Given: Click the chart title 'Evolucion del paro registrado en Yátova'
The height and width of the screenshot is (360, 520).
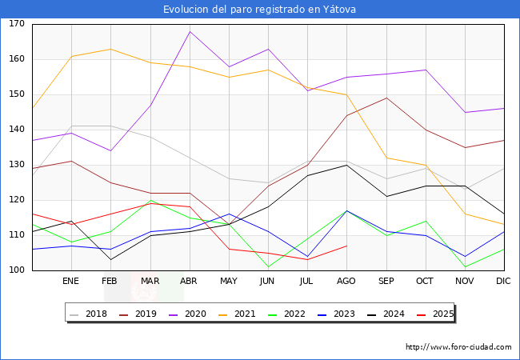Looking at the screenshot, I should tap(260, 10).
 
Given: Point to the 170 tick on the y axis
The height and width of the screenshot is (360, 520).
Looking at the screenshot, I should tap(17, 24).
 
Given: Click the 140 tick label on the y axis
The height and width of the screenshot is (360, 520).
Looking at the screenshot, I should tap(17, 130).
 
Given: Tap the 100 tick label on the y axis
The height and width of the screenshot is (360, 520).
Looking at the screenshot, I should tap(17, 270).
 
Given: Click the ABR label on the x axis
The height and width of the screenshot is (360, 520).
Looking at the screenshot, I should tap(189, 282).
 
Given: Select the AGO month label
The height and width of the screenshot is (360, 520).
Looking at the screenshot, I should tap(346, 282).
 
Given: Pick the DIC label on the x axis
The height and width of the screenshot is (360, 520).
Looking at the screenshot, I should tap(503, 282).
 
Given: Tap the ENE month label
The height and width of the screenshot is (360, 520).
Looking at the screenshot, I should tap(71, 282).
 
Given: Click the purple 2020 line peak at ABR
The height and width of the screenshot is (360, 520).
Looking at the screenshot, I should tap(190, 31).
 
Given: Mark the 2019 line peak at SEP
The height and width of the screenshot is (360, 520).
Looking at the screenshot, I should tap(386, 98).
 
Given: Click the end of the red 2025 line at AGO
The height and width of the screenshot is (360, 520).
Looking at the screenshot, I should tap(346, 246).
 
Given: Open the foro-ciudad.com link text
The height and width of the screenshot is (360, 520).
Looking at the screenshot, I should tap(458, 347).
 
